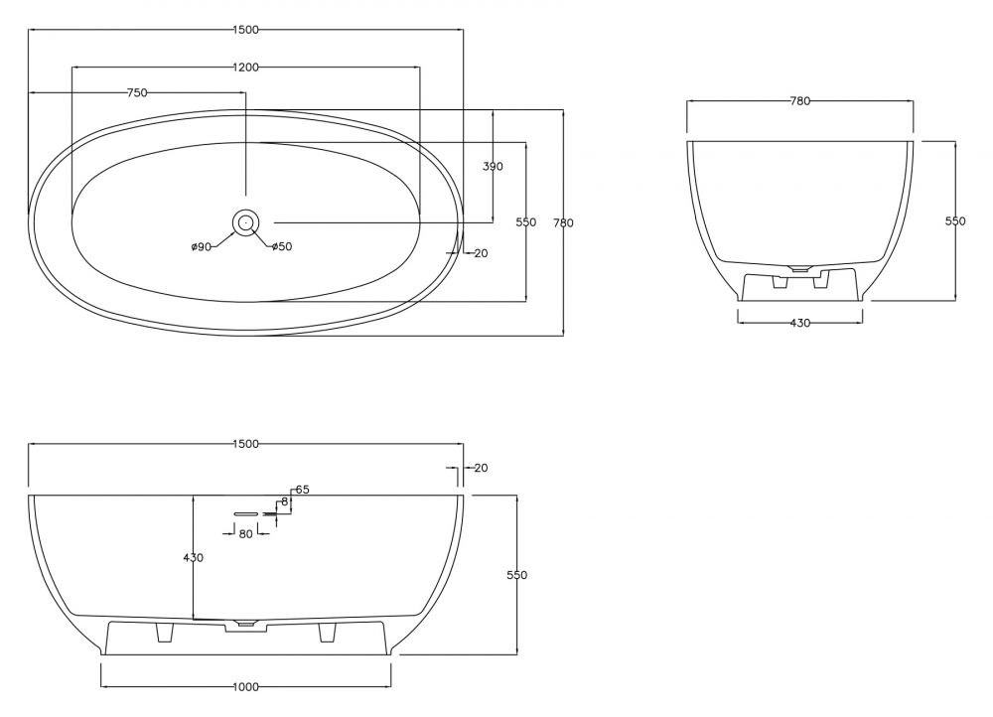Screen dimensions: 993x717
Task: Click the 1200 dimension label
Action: [x=245, y=68]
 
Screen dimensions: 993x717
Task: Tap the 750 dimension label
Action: [x=137, y=93]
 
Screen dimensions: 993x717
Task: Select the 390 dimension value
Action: [x=493, y=167]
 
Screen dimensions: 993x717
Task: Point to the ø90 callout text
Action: [x=202, y=247]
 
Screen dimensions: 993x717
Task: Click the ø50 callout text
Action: [x=282, y=246]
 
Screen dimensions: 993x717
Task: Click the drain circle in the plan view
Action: [x=245, y=222]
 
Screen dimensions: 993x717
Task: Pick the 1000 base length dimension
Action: [x=245, y=687]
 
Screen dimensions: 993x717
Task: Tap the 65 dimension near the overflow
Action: [x=302, y=490]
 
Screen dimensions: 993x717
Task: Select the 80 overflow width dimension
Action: [x=245, y=534]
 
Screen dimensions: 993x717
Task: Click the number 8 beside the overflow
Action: [x=285, y=502]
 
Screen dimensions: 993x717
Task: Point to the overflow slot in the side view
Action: [x=245, y=513]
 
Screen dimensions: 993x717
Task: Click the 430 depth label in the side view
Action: [x=194, y=558]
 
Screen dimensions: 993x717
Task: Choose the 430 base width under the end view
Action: [x=799, y=323]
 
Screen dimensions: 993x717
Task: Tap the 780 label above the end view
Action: [x=799, y=100]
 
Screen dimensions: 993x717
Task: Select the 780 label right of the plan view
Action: [x=563, y=223]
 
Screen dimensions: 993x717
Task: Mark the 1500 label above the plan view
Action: [x=245, y=30]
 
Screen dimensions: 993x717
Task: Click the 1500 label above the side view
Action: [x=245, y=445]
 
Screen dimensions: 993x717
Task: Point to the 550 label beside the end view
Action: [x=955, y=221]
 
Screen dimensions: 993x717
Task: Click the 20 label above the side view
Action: [x=481, y=468]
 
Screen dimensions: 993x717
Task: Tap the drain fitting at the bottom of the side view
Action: [x=245, y=624]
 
